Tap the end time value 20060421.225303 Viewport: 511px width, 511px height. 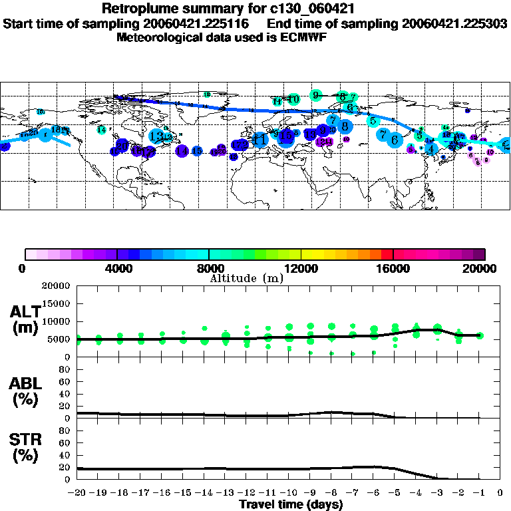pos(454,23)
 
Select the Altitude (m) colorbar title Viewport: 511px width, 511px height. pos(247,278)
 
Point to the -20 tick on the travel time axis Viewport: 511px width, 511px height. pos(77,494)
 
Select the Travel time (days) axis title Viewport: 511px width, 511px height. pos(291,505)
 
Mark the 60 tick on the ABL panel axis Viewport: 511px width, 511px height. pos(66,382)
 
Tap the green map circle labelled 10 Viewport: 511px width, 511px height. pos(293,99)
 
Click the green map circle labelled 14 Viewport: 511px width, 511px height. pos(101,130)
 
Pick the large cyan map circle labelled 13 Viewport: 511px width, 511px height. pos(157,136)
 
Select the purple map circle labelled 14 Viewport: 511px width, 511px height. pos(182,151)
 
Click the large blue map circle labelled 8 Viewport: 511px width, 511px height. pos(345,125)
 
